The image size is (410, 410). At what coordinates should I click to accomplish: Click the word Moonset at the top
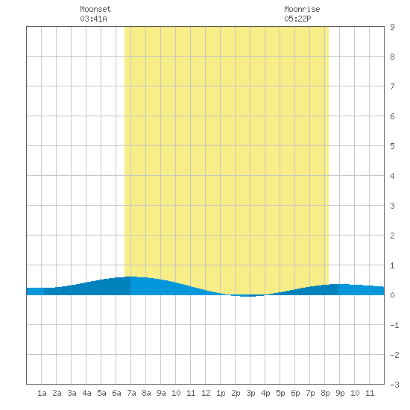click(x=95, y=9)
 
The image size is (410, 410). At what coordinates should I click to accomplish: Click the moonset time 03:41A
click(x=93, y=19)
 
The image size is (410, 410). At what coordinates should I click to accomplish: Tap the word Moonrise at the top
click(x=302, y=9)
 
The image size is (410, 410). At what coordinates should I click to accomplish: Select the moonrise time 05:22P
click(x=297, y=19)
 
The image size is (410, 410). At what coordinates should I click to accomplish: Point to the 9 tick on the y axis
click(x=392, y=27)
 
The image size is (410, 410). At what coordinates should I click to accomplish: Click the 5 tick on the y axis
click(x=392, y=146)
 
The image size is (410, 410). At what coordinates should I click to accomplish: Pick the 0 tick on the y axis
click(x=392, y=295)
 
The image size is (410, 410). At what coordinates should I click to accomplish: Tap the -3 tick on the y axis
click(x=394, y=385)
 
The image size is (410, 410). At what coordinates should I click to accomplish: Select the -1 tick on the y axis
click(x=394, y=325)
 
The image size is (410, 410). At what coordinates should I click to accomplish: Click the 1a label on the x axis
click(x=42, y=393)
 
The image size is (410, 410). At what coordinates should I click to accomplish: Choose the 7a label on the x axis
click(x=131, y=393)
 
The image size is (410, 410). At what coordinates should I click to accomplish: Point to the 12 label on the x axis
click(x=206, y=393)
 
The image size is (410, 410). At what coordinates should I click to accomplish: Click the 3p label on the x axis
click(x=250, y=393)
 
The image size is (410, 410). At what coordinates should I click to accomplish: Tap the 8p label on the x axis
click(x=325, y=393)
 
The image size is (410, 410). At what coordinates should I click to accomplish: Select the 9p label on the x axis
click(x=340, y=393)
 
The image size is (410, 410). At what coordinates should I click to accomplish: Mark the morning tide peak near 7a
click(x=131, y=277)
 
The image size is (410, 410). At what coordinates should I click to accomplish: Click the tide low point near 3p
click(x=248, y=296)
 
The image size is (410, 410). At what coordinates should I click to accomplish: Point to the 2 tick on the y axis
click(x=392, y=236)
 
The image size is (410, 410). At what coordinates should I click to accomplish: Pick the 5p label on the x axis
click(x=280, y=393)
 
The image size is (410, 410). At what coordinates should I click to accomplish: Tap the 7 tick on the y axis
click(x=392, y=86)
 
